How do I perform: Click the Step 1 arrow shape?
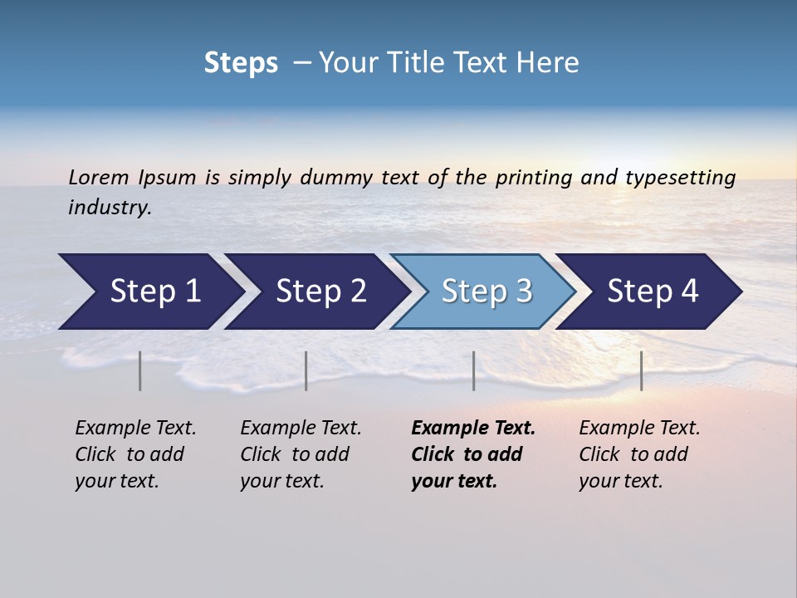click(x=149, y=292)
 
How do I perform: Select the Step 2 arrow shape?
click(x=320, y=292)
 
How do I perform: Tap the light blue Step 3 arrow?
click(x=486, y=292)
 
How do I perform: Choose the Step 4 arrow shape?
click(x=652, y=292)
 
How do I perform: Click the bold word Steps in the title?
click(x=241, y=63)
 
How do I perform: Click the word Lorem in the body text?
click(x=99, y=178)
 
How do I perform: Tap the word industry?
click(x=110, y=208)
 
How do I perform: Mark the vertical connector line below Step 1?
click(x=140, y=370)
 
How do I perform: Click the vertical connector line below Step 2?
click(x=306, y=370)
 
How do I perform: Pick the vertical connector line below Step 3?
click(x=473, y=370)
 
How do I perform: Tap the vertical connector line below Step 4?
click(x=641, y=370)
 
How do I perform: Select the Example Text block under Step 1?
click(x=135, y=454)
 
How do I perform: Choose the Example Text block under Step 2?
click(x=301, y=454)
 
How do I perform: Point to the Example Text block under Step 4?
click(x=639, y=454)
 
